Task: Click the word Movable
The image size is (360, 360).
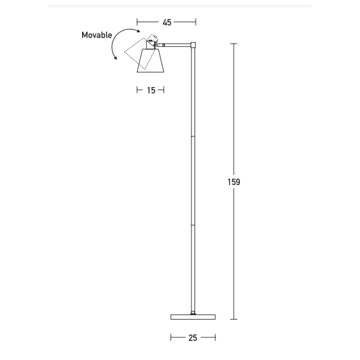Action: coord(97,35)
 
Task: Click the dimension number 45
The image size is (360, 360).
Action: coord(167,22)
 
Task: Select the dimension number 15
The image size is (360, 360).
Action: coord(151,90)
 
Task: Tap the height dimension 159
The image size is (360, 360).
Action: coord(234,182)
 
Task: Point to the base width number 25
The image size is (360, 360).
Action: coord(193,338)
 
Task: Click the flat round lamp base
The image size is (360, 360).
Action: coord(193,316)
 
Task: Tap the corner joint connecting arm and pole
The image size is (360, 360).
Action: coord(195,45)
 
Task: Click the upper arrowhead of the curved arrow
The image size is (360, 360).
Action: coord(138,30)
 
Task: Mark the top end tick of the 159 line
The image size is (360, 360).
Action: coord(234,44)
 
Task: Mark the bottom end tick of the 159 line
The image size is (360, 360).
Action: coord(234,320)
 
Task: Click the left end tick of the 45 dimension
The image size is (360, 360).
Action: coord(137,22)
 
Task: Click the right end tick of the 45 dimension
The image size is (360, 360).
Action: coord(196,22)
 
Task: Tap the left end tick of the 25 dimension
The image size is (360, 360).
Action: coord(171,338)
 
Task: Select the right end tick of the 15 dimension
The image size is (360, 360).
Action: coord(164,90)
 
